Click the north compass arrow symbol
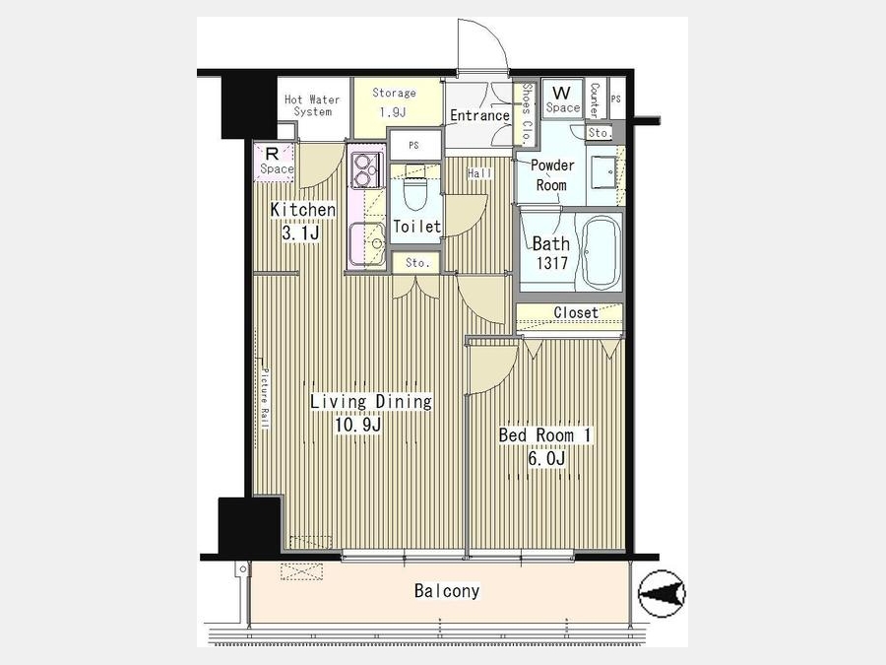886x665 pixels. (x=662, y=594)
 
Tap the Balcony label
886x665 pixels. (x=447, y=591)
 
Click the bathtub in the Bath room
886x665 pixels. (x=601, y=251)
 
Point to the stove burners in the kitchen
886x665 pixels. (x=363, y=170)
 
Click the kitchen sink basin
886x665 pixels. (x=366, y=243)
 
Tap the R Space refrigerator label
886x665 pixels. (x=277, y=162)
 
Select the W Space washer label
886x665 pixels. (x=562, y=100)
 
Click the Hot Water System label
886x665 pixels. (x=312, y=105)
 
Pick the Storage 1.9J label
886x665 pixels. (x=394, y=102)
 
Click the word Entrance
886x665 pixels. (x=479, y=116)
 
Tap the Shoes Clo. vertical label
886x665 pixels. (x=526, y=112)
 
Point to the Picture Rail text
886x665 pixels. (x=265, y=399)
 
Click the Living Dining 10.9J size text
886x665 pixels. (x=357, y=425)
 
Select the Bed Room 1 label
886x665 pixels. (x=544, y=435)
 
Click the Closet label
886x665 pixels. (x=576, y=312)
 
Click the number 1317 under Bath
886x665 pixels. (x=552, y=263)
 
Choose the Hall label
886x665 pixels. (x=479, y=174)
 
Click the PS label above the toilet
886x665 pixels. (x=413, y=146)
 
